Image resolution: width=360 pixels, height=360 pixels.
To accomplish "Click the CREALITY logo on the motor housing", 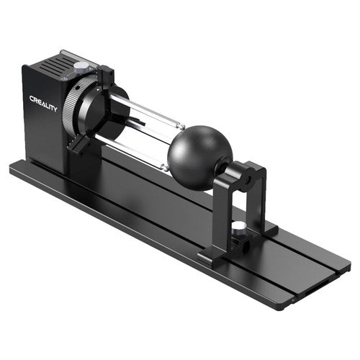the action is coord(43,104).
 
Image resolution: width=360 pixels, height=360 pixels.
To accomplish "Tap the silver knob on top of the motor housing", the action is coord(81,66).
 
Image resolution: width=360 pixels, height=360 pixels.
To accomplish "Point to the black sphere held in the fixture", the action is coord(200,158).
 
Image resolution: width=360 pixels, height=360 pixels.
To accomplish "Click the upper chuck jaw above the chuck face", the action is coord(105,76).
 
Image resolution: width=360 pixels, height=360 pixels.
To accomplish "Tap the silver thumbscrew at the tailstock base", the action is coord(238,227).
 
